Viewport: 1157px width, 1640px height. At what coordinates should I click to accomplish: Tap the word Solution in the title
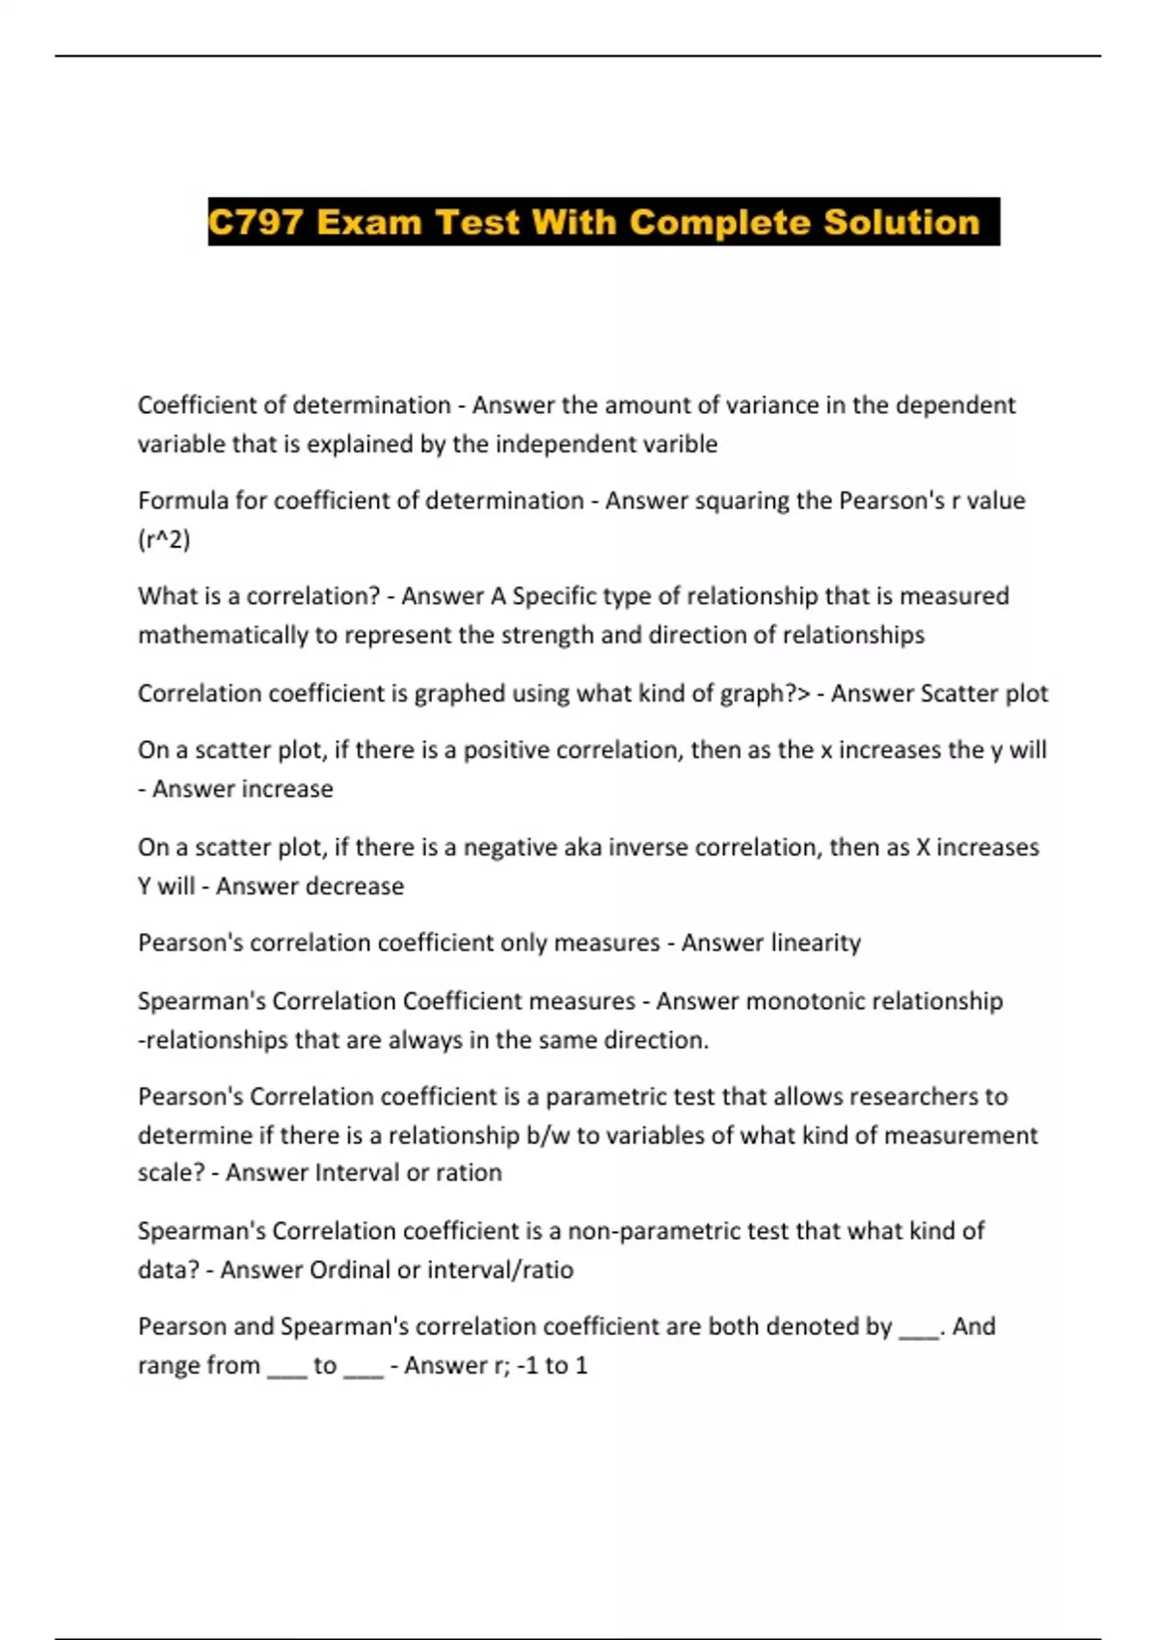click(901, 223)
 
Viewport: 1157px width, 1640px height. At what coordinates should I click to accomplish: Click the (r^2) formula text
click(164, 539)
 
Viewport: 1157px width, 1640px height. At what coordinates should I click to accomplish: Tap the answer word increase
click(290, 789)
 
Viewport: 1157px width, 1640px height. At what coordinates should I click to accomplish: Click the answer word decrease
click(356, 886)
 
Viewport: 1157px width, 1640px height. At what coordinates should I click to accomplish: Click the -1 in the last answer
click(527, 1366)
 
